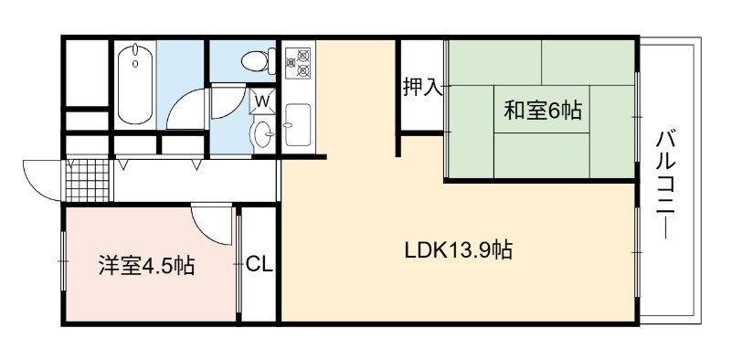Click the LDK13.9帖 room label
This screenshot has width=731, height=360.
coord(459,250)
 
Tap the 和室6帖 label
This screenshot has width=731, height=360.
coord(542,111)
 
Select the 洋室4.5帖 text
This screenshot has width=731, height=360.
coord(147,266)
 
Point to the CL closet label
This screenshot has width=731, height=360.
coord(260,265)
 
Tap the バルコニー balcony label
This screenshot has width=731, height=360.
coord(667,185)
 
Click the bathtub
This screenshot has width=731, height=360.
coord(134,84)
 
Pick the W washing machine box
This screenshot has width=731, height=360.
coord(262,101)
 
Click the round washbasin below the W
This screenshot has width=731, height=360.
coord(263,134)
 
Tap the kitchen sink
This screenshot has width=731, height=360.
coord(298,124)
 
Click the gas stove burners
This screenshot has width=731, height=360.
coord(299,63)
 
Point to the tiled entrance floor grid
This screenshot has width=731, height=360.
coord(87,181)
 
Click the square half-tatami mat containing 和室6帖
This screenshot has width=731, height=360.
coord(542,109)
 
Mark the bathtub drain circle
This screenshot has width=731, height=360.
coord(135,64)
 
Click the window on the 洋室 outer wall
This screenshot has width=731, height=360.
coord(63,261)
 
